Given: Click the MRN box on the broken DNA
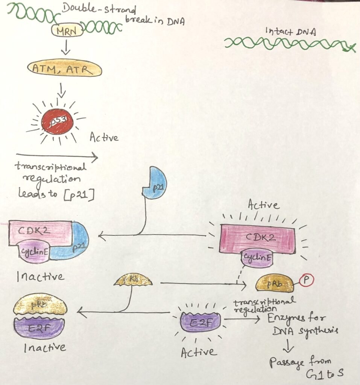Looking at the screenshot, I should pos(67,31).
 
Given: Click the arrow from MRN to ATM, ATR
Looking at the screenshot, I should pos(66,48).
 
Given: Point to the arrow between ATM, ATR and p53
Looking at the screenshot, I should pos(62,89).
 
